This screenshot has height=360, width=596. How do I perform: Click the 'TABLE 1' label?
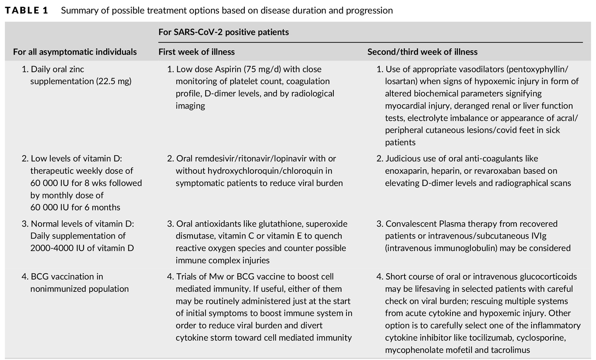coord(27,10)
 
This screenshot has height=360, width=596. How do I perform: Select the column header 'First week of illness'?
coord(196,52)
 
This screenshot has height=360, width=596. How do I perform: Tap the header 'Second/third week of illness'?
coord(422,52)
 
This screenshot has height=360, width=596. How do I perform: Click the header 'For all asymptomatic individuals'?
coord(75,52)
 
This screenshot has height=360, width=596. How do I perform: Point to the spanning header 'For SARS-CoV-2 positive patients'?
coord(223,32)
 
